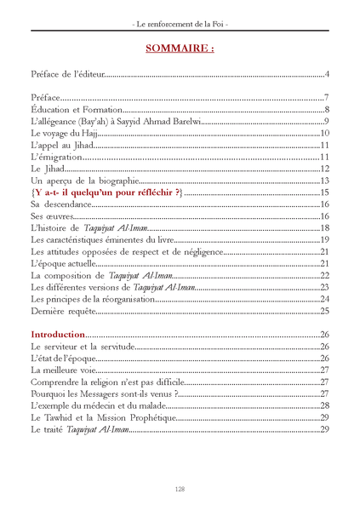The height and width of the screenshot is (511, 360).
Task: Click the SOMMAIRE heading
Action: pyautogui.click(x=180, y=48)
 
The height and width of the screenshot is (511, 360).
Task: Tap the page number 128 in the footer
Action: pyautogui.click(x=180, y=488)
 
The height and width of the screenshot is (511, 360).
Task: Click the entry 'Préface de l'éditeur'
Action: pyautogui.click(x=66, y=76)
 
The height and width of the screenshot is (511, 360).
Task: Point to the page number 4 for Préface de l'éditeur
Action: pyautogui.click(x=326, y=76)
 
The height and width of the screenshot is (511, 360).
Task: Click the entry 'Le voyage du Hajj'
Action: pyautogui.click(x=65, y=135)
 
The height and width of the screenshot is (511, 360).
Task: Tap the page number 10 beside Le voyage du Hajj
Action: pyautogui.click(x=323, y=135)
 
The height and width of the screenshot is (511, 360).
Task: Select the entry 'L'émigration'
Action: pyautogui.click(x=55, y=158)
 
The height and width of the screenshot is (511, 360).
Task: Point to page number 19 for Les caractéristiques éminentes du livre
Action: pyautogui.click(x=324, y=240)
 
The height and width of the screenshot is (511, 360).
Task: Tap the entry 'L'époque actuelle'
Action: pyautogui.click(x=62, y=263)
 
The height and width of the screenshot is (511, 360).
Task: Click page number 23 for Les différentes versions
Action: pyautogui.click(x=323, y=287)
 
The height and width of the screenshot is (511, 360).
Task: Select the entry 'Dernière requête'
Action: pyautogui.click(x=63, y=310)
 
